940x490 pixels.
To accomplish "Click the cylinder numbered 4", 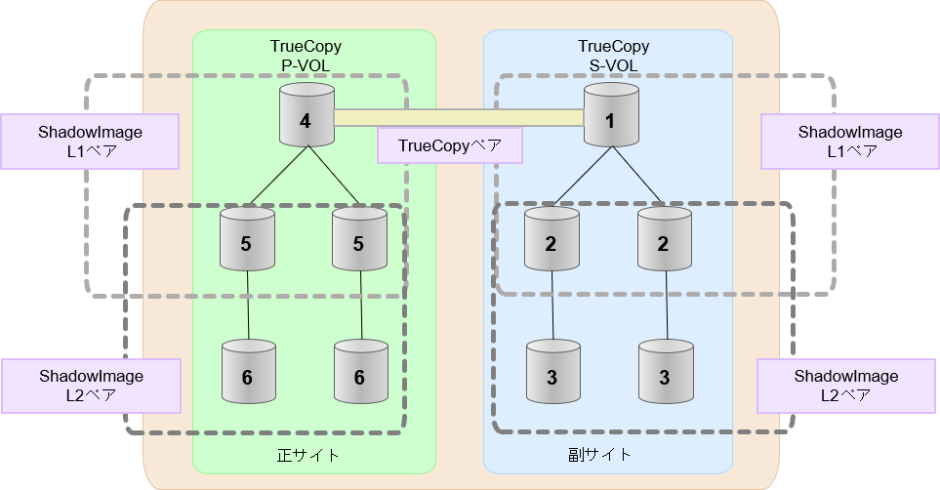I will [x=307, y=115].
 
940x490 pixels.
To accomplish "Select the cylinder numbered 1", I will [x=611, y=115].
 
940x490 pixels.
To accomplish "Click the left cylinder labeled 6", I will [x=248, y=372].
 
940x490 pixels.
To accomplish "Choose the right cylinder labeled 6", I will [x=359, y=372].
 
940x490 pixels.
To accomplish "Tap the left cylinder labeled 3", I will [x=552, y=372].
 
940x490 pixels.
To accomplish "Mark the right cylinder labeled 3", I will [x=665, y=372].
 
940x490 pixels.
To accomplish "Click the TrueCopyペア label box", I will [x=449, y=146].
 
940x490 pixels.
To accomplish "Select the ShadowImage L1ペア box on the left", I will [x=90, y=142].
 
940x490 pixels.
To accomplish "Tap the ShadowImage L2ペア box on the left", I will [x=91, y=386].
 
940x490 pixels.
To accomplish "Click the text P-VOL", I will [x=306, y=65].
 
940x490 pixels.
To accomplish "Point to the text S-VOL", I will [x=613, y=65].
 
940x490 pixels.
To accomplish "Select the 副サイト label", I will [x=599, y=455].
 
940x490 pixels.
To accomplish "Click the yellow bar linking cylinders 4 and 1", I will [x=459, y=118].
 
